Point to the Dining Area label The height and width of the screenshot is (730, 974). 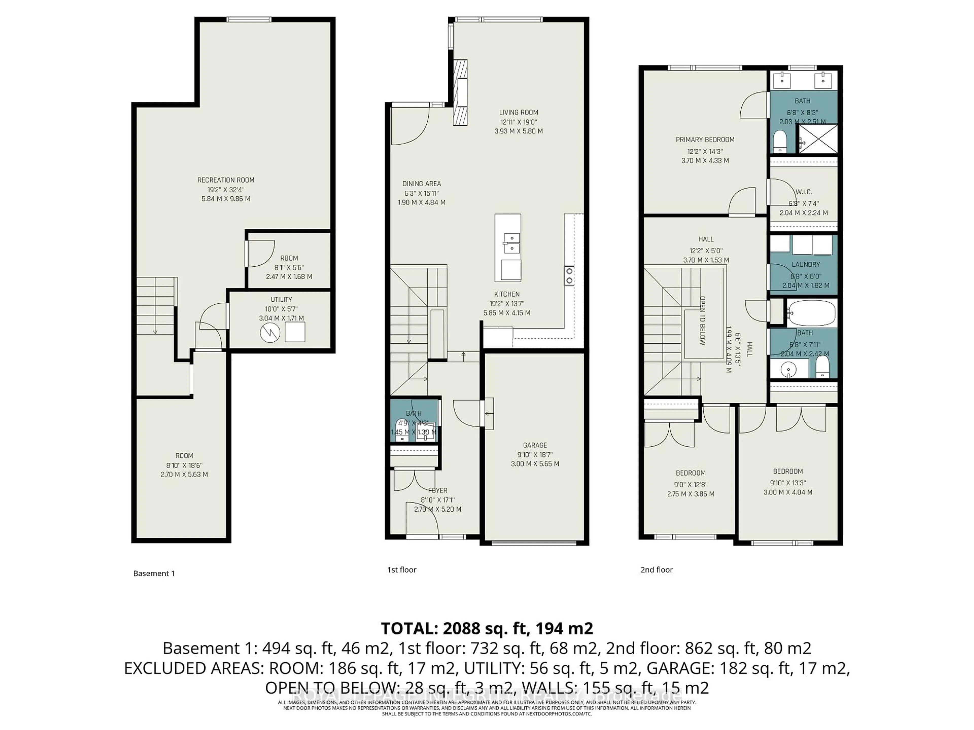coord(421,184)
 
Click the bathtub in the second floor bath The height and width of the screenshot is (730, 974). coord(811,313)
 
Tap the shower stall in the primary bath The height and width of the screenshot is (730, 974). coord(818,139)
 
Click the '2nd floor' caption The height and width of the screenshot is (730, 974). coord(656,570)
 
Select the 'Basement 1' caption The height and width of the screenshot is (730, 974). coord(154,573)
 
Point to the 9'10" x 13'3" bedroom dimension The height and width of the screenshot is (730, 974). coord(788,483)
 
